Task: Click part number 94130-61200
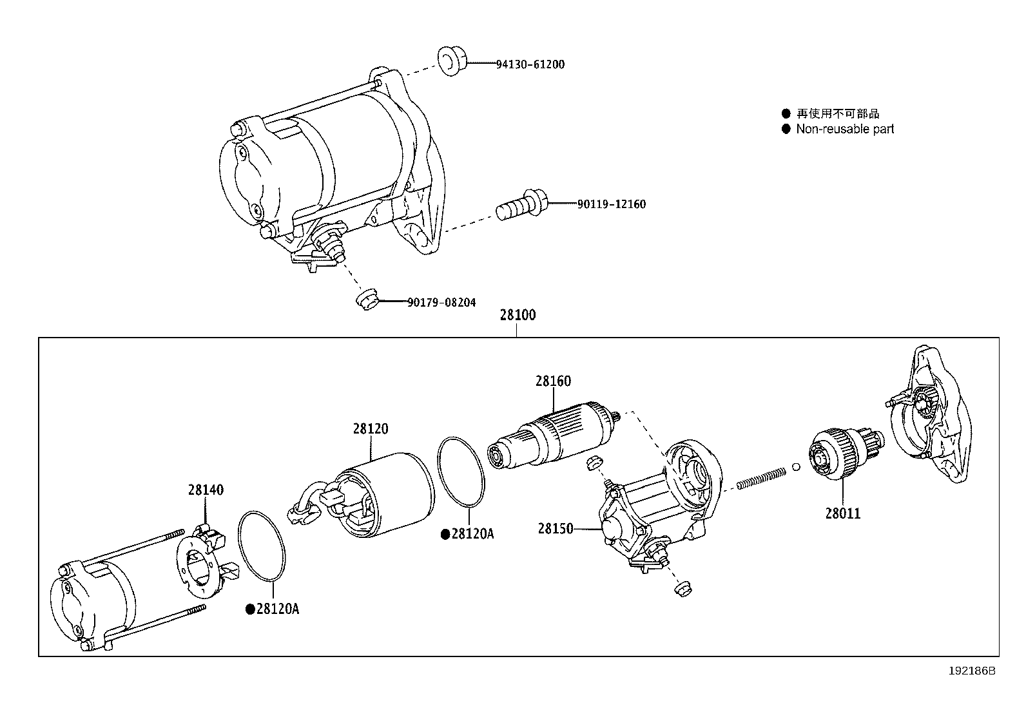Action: [530, 64]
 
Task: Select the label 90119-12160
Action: [611, 204]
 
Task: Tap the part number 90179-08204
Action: [441, 302]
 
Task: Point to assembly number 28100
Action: [518, 316]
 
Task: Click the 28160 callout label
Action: [553, 381]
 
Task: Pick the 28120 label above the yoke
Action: [371, 428]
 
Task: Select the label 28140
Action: [206, 490]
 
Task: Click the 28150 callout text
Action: [556, 529]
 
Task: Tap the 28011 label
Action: [843, 513]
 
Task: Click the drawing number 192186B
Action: [971, 671]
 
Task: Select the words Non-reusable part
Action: [845, 129]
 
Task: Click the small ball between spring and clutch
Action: [797, 467]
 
